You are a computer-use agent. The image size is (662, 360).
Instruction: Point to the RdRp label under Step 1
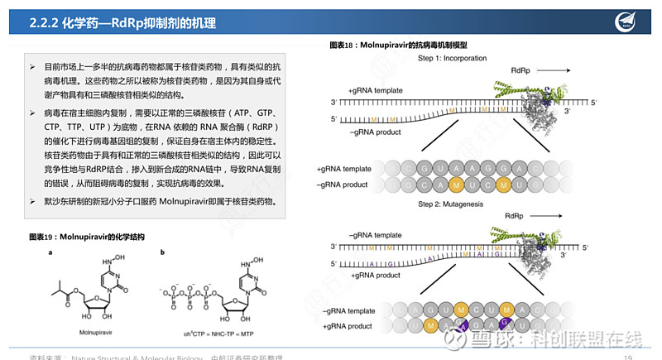(522, 72)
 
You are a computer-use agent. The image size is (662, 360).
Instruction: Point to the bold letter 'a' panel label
(50, 252)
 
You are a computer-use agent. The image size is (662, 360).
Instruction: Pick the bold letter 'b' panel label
(162, 252)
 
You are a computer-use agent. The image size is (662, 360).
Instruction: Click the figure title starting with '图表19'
(87, 237)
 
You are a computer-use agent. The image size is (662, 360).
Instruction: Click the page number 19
(627, 357)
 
